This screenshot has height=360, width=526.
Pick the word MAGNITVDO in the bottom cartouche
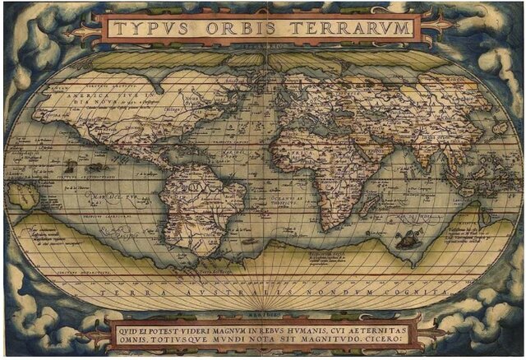332,336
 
